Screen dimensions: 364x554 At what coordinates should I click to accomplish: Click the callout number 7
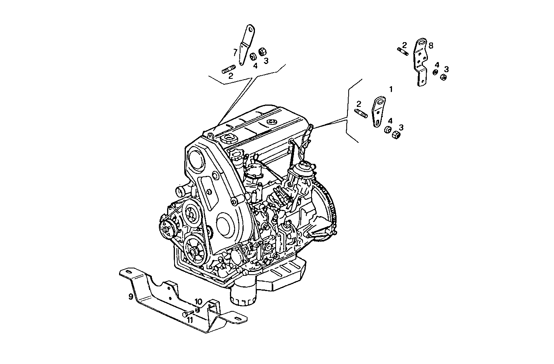click(235, 52)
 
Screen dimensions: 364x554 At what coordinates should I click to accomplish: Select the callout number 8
click(431, 46)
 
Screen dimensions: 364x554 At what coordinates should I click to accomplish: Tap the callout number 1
click(391, 89)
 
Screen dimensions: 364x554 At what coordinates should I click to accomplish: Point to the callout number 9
click(131, 297)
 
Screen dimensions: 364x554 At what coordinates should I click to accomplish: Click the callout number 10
click(198, 302)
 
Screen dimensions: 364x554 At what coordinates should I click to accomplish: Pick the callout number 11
click(190, 320)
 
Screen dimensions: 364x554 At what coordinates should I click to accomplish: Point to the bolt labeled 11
click(187, 314)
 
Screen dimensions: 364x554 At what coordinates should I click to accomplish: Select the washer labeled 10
click(198, 310)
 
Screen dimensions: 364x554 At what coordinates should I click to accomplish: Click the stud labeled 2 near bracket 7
click(228, 70)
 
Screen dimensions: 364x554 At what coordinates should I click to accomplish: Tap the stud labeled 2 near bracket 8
click(403, 50)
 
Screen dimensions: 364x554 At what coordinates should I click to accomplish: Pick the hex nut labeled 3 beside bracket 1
click(395, 135)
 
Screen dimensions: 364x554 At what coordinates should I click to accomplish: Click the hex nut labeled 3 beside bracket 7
click(262, 51)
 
